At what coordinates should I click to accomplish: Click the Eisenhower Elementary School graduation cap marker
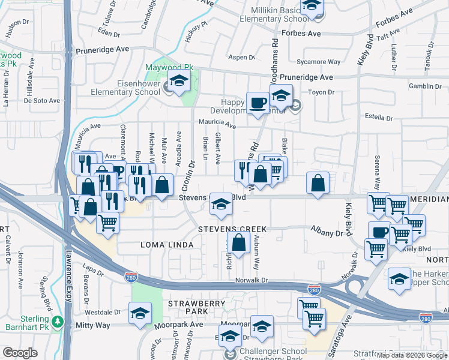tap(178, 83)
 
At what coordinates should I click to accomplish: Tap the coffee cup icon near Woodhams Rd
tap(258, 102)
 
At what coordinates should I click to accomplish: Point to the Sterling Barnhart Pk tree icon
tap(58, 321)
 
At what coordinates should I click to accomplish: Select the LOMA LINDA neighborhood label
tap(167, 245)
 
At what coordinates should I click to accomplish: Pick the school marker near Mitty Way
tap(140, 313)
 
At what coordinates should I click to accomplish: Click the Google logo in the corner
tap(20, 353)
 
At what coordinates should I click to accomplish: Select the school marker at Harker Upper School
tap(399, 278)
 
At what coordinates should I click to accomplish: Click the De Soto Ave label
tap(42, 101)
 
